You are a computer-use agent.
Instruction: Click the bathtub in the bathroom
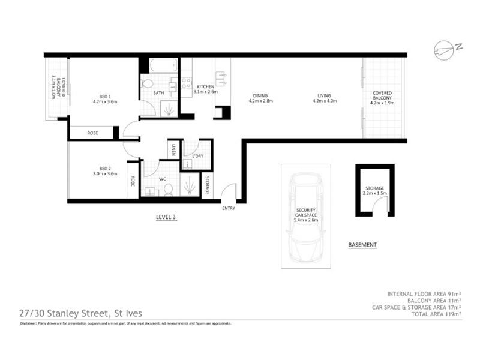point(161,66)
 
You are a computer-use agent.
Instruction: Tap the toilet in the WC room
point(168,190)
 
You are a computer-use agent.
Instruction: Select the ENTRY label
point(228,208)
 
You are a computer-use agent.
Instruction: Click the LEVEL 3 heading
point(165,217)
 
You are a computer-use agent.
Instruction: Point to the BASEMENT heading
point(362,245)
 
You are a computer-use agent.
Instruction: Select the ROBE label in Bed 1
point(92,133)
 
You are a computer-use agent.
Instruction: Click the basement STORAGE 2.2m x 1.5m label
point(374,191)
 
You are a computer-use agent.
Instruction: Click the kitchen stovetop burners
point(186,80)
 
